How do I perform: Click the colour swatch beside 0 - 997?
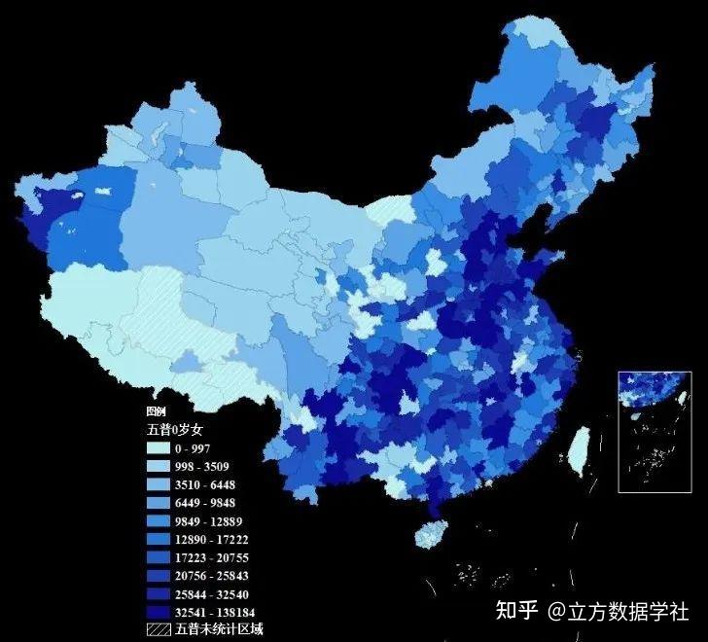159,448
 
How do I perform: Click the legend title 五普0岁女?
175,429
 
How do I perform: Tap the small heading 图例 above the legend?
156,411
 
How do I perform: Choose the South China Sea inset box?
655,431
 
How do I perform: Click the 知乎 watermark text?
516,611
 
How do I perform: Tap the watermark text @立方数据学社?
618,611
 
